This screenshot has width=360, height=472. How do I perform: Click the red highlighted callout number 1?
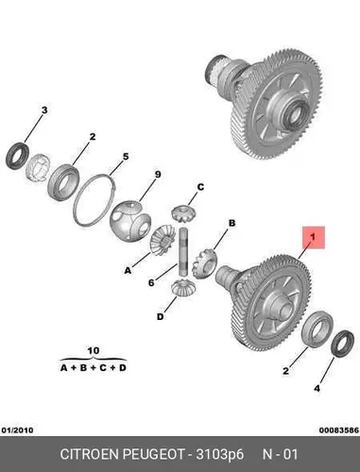[x=314, y=237]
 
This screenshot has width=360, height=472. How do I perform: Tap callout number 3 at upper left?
[x=44, y=110]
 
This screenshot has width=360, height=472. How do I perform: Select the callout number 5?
[x=126, y=157]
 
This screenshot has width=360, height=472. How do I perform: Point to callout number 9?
[x=158, y=175]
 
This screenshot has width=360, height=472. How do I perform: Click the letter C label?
[x=200, y=187]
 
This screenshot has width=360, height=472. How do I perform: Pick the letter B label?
[x=231, y=223]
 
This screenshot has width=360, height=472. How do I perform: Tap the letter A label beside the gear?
[x=128, y=270]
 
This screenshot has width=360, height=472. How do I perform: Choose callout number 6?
[x=151, y=283]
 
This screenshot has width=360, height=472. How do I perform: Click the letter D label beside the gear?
[x=161, y=316]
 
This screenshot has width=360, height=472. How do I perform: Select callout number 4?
[x=317, y=389]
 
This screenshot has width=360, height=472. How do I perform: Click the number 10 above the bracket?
[x=94, y=350]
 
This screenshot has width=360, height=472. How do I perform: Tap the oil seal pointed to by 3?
[x=18, y=156]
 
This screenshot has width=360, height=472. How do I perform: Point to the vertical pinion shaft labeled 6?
[x=183, y=252]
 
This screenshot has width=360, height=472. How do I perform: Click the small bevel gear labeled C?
[x=183, y=213]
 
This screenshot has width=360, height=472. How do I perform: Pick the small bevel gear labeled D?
[x=183, y=288]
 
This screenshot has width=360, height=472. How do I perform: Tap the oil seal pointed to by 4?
[x=343, y=344]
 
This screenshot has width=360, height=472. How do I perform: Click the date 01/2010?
[x=17, y=430]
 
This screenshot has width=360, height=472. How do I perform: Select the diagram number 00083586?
[x=339, y=430]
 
